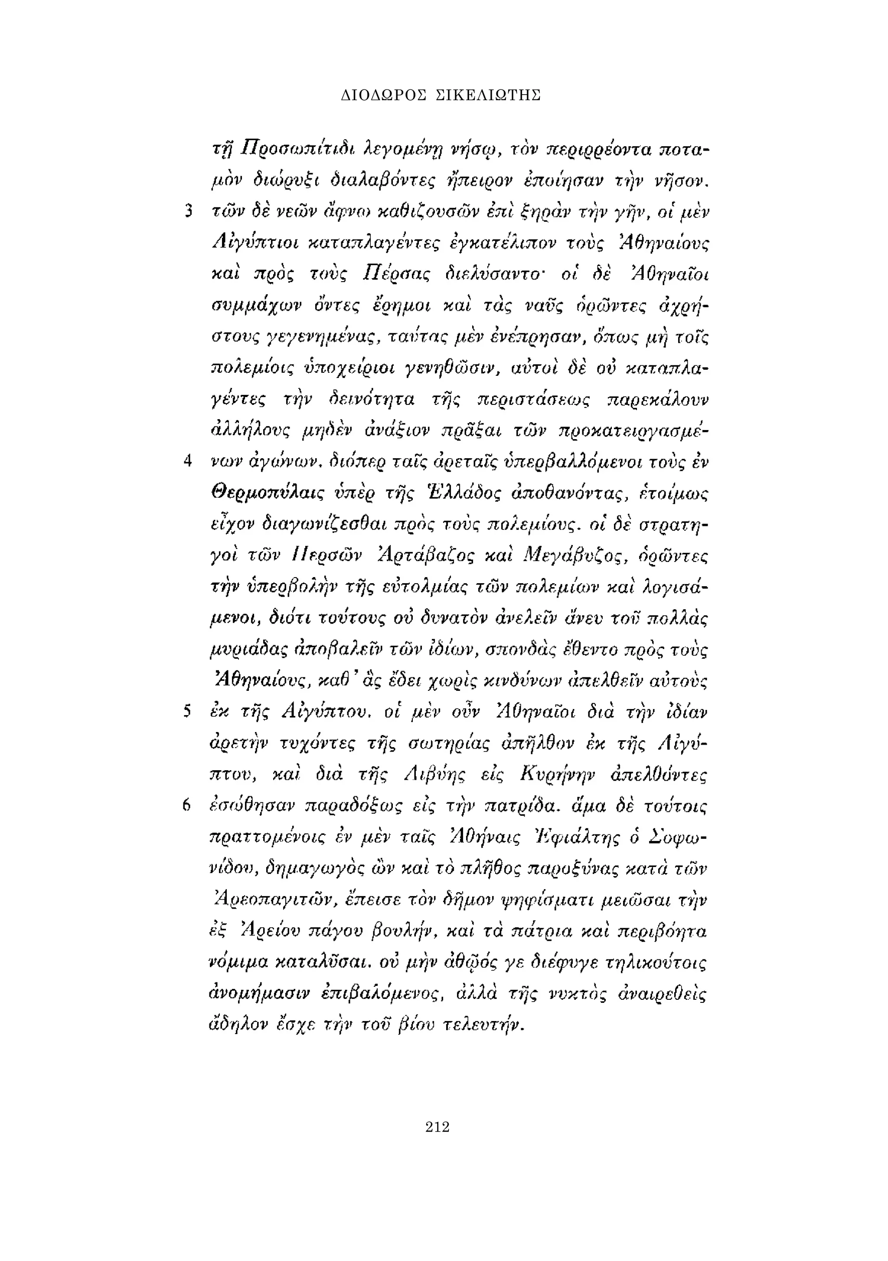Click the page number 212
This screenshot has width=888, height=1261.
tap(437, 1127)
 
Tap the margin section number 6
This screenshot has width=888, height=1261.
tap(188, 806)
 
